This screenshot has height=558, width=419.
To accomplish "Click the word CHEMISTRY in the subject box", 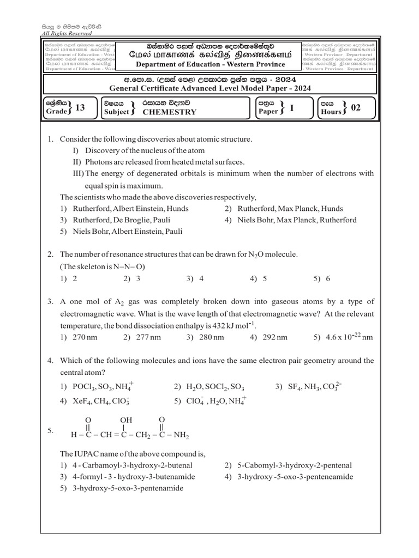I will pos(169,112).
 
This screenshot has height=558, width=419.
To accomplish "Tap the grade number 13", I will pos(80,108).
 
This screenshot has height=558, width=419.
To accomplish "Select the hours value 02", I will pos(356,108).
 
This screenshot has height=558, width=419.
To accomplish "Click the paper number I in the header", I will pos(292,108).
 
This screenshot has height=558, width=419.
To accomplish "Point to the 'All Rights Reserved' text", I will pos(67,33).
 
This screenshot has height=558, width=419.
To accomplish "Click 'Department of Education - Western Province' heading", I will pos(210,64).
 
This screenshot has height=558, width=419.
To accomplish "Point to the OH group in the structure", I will pos(126,419).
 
